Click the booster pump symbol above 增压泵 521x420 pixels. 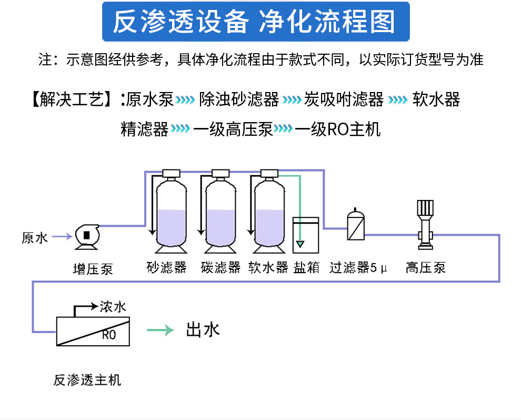(x=86, y=236)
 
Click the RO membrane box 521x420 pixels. (x=93, y=332)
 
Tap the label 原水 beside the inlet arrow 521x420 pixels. (x=35, y=238)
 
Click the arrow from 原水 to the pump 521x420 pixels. (x=62, y=237)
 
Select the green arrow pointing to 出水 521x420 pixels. (x=161, y=331)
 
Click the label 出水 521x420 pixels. (x=203, y=330)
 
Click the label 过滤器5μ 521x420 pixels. (x=358, y=268)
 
